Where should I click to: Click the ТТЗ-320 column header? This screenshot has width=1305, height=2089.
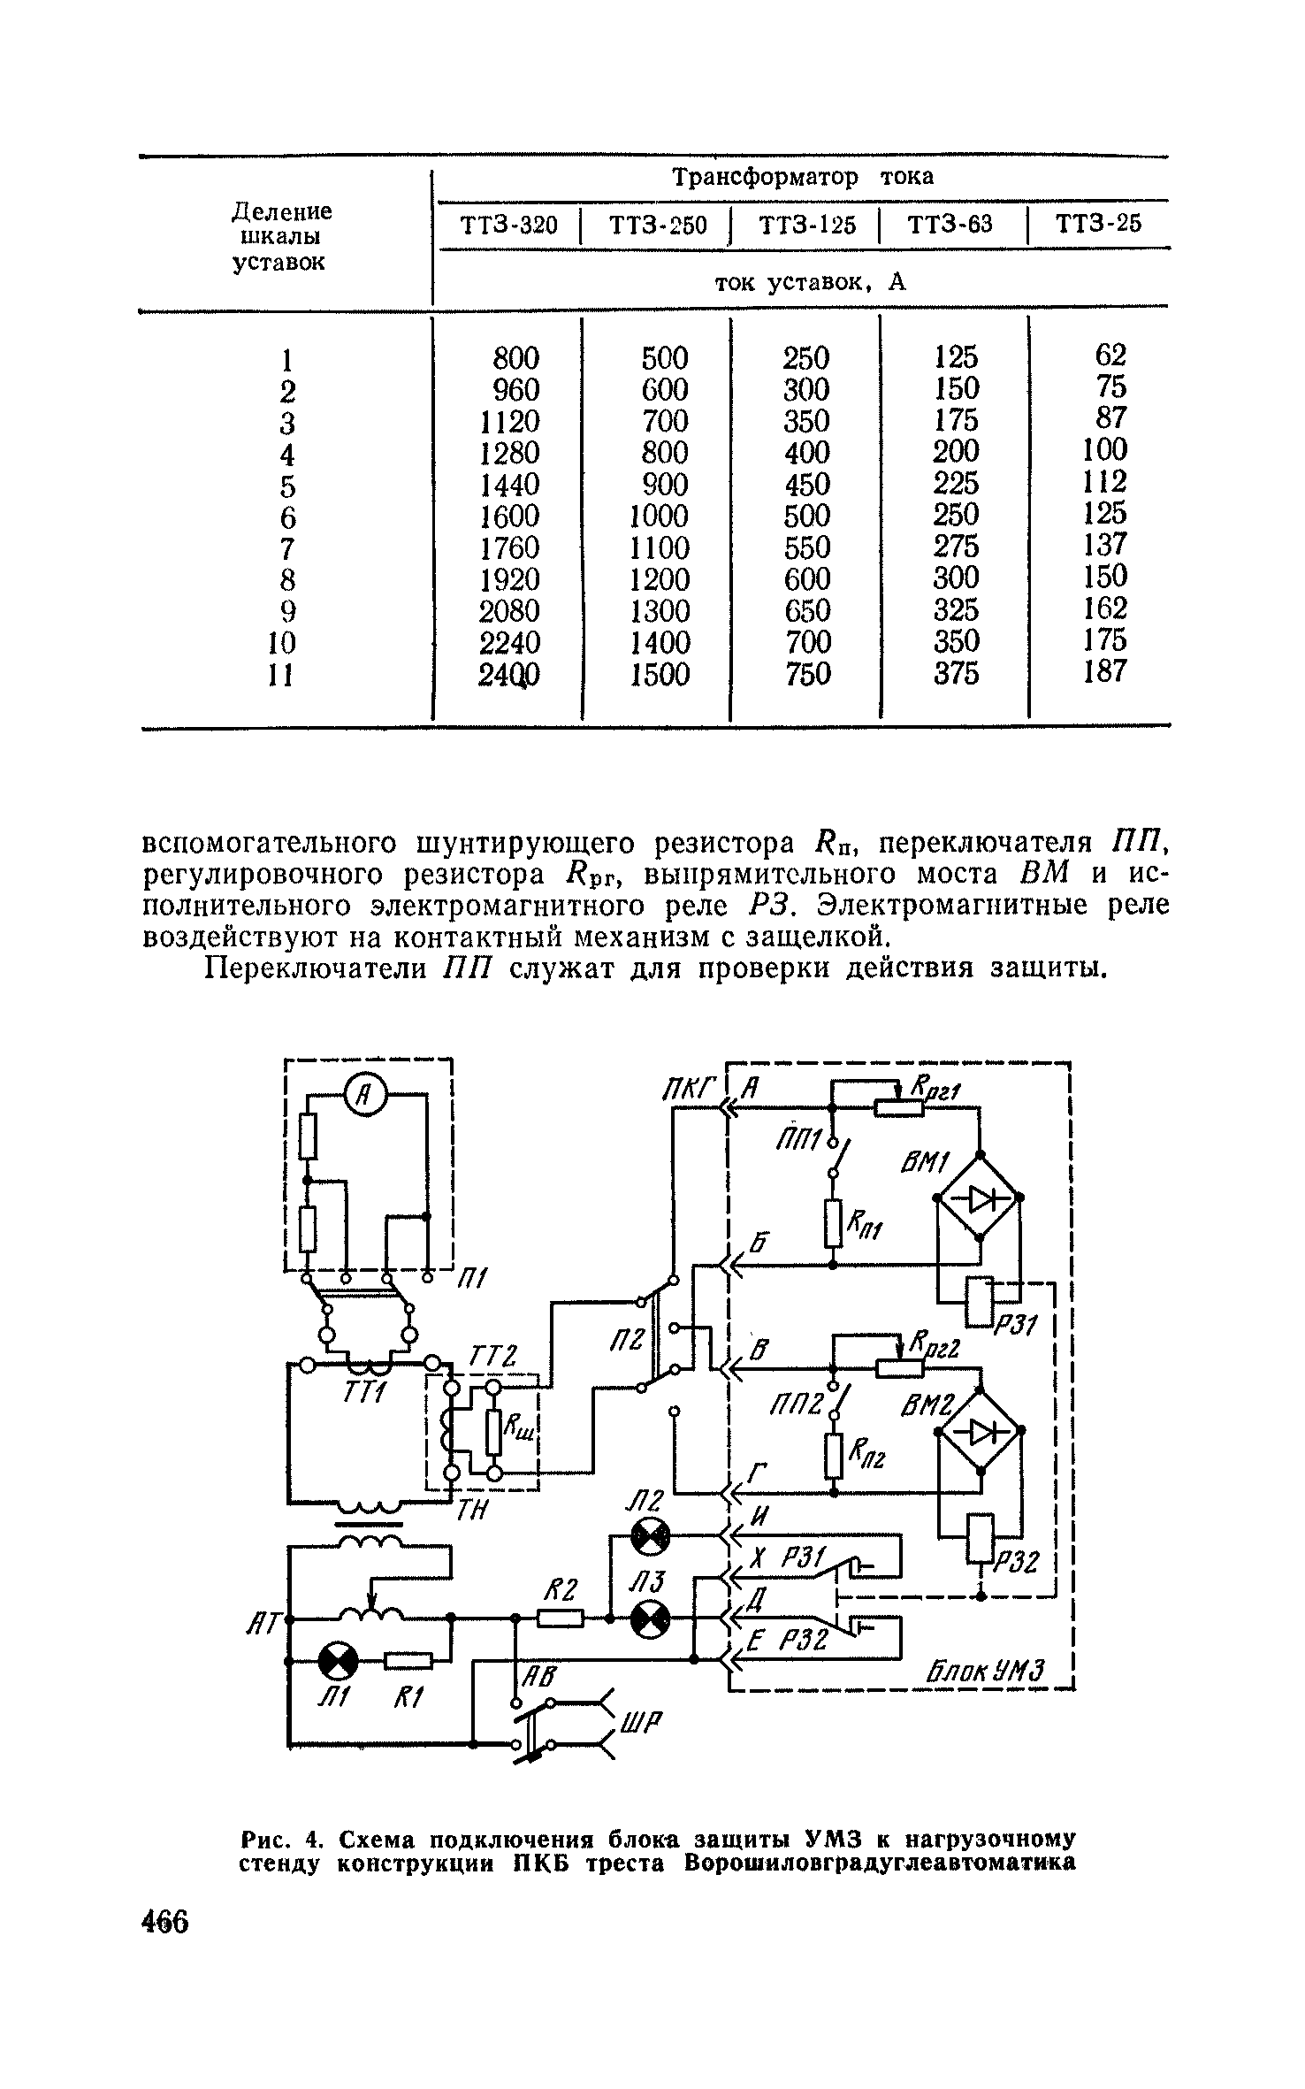pos(509,226)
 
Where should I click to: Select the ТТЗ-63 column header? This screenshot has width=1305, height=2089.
pos(950,225)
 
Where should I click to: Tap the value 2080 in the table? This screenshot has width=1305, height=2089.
pos(508,610)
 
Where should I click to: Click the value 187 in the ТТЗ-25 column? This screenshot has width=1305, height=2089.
pos(1105,672)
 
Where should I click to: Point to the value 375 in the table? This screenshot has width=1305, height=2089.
pos(957,674)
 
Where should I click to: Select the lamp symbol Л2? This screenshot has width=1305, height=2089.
pos(649,1540)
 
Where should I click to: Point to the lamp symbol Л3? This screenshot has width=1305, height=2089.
pos(649,1619)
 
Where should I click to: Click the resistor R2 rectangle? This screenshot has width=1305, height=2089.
pos(561,1618)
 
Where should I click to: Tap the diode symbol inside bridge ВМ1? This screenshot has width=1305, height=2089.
pos(978,1198)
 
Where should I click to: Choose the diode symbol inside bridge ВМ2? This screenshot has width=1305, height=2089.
pos(978,1430)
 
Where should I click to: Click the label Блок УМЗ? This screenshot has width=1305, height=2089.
pos(986,1672)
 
